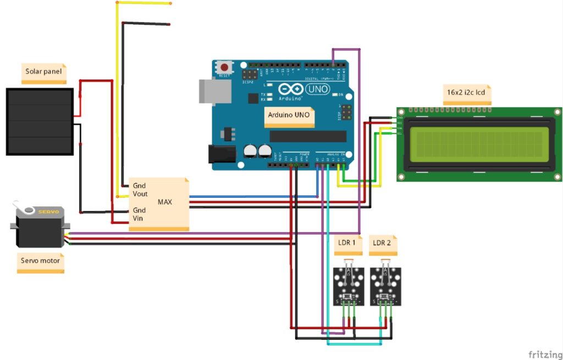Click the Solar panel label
coord(43,71)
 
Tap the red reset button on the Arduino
coord(224,67)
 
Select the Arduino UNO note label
coord(289,116)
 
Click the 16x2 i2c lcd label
coord(466,93)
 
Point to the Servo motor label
coord(41,261)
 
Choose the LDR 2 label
coord(383,243)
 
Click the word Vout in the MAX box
coord(140,194)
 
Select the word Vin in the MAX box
coord(139,218)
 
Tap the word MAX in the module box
coord(165,202)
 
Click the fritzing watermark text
coord(545,353)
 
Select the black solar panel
coord(39,121)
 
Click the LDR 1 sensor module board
coord(349,286)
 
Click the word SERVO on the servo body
coord(48,212)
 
